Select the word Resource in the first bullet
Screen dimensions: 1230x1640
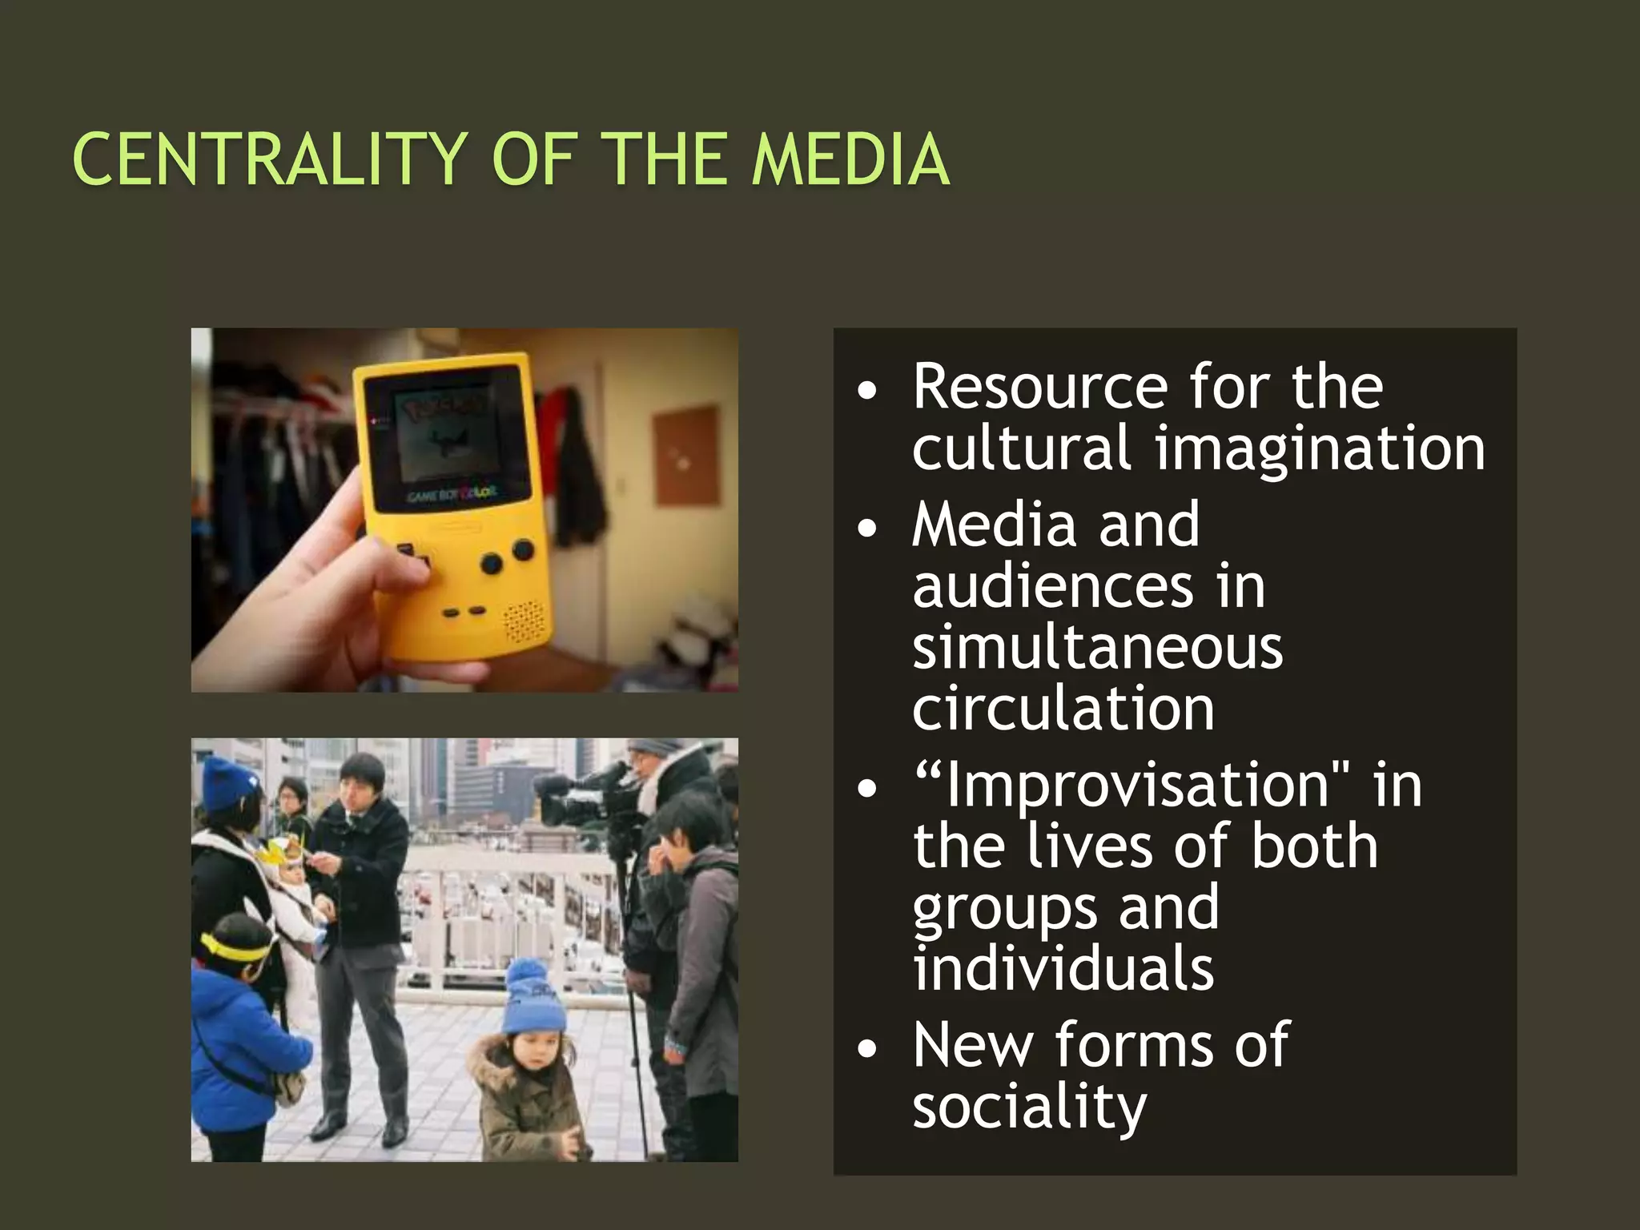tap(1040, 387)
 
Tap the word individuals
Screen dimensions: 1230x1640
tap(1063, 968)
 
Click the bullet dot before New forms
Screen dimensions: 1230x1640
tap(866, 1049)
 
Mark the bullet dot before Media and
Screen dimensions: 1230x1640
tap(866, 529)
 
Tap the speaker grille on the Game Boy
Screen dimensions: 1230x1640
tap(525, 620)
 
